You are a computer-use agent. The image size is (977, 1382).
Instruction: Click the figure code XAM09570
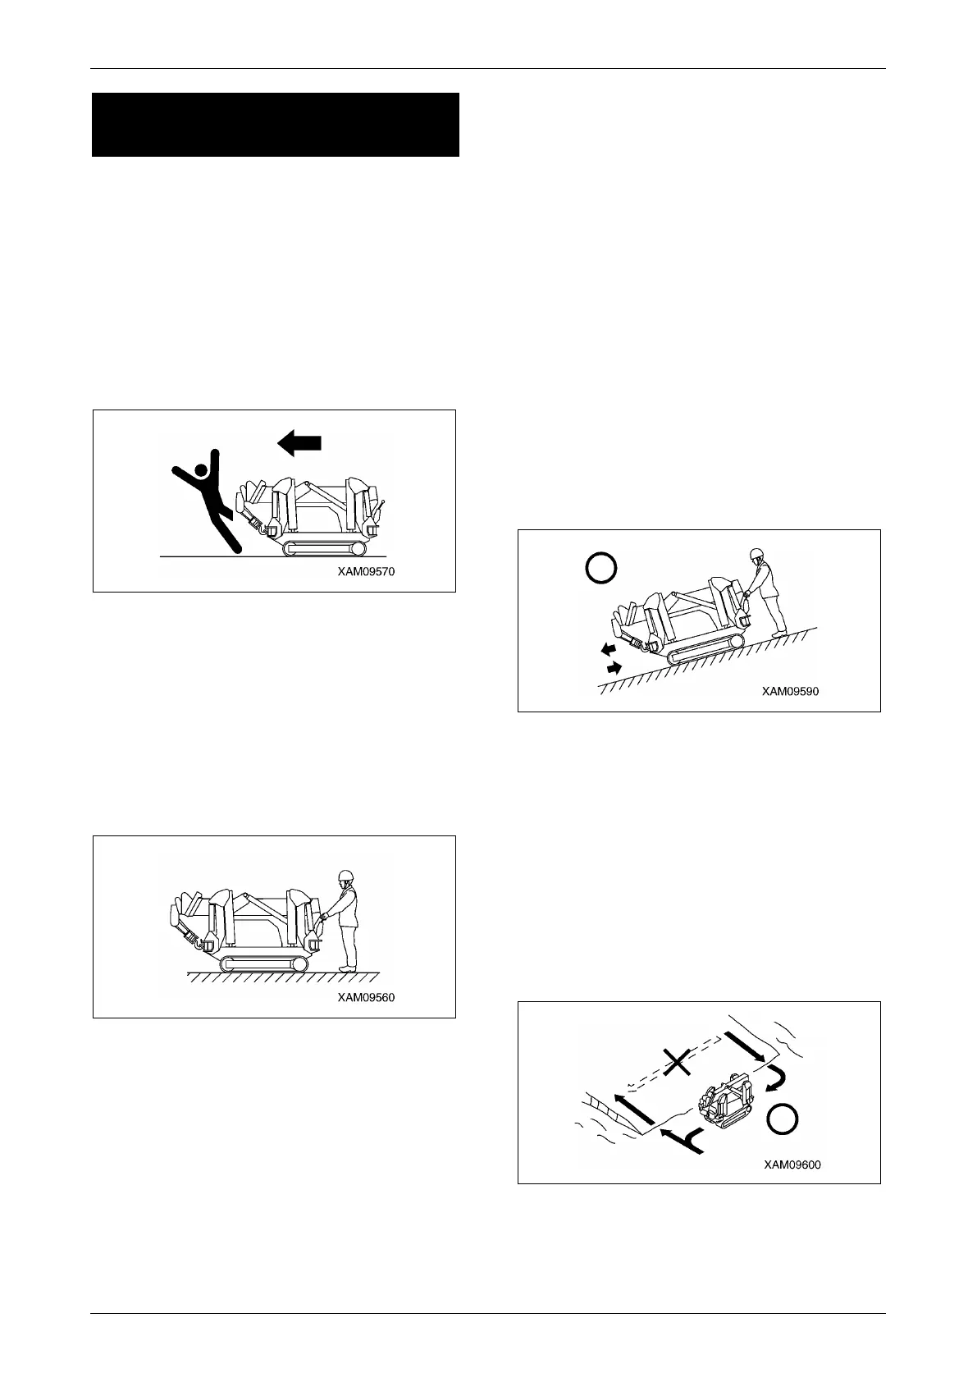tap(366, 572)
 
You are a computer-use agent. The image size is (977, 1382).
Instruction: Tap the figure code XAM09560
tap(366, 998)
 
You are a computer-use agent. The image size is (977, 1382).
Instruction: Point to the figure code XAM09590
tap(790, 691)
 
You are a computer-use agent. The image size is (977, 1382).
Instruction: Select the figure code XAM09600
tap(792, 1164)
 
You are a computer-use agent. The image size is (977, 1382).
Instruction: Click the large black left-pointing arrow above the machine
tap(299, 444)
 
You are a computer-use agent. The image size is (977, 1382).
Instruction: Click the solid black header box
tap(275, 125)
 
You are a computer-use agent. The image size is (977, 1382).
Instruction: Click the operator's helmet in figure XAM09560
tap(345, 876)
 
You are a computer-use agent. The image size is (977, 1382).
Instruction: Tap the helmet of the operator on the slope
tap(756, 556)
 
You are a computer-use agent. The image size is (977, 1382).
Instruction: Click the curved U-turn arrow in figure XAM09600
tap(774, 1076)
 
